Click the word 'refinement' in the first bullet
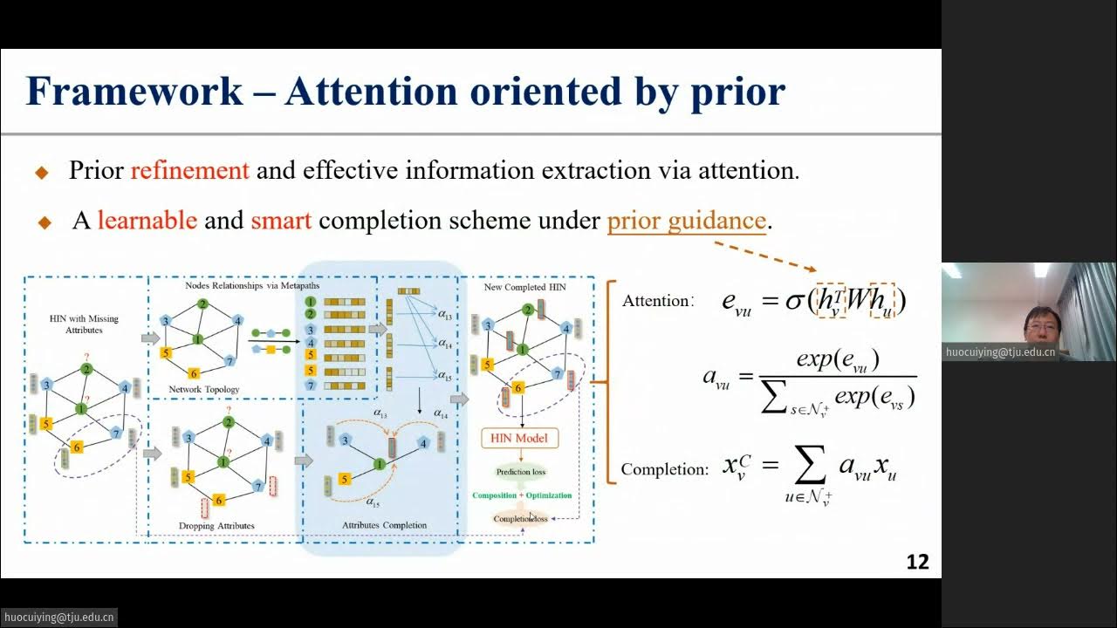[189, 170]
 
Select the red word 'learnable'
[147, 220]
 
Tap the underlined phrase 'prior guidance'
[687, 220]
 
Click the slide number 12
[917, 562]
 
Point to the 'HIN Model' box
[519, 438]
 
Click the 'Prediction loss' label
[520, 472]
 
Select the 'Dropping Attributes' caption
[216, 526]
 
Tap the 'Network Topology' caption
[203, 389]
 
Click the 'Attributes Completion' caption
[384, 525]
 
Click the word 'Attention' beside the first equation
[656, 301]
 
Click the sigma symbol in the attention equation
[793, 301]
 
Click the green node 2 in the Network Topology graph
[202, 304]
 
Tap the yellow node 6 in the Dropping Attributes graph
[218, 500]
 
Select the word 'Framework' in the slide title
[134, 92]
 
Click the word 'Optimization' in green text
[549, 495]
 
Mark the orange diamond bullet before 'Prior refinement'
[42, 172]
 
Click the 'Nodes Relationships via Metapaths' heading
[252, 285]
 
